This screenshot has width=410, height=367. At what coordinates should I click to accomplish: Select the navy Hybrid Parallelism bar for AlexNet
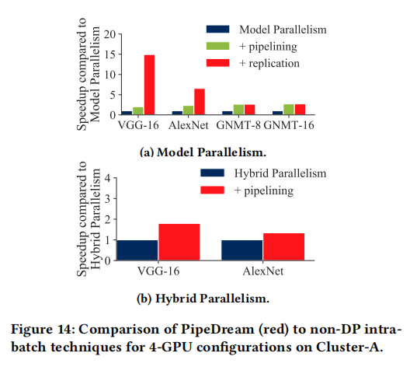pos(241,250)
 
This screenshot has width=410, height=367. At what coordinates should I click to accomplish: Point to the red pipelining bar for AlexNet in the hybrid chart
pos(282,246)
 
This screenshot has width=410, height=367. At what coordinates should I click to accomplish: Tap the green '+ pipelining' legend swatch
pos(217,47)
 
